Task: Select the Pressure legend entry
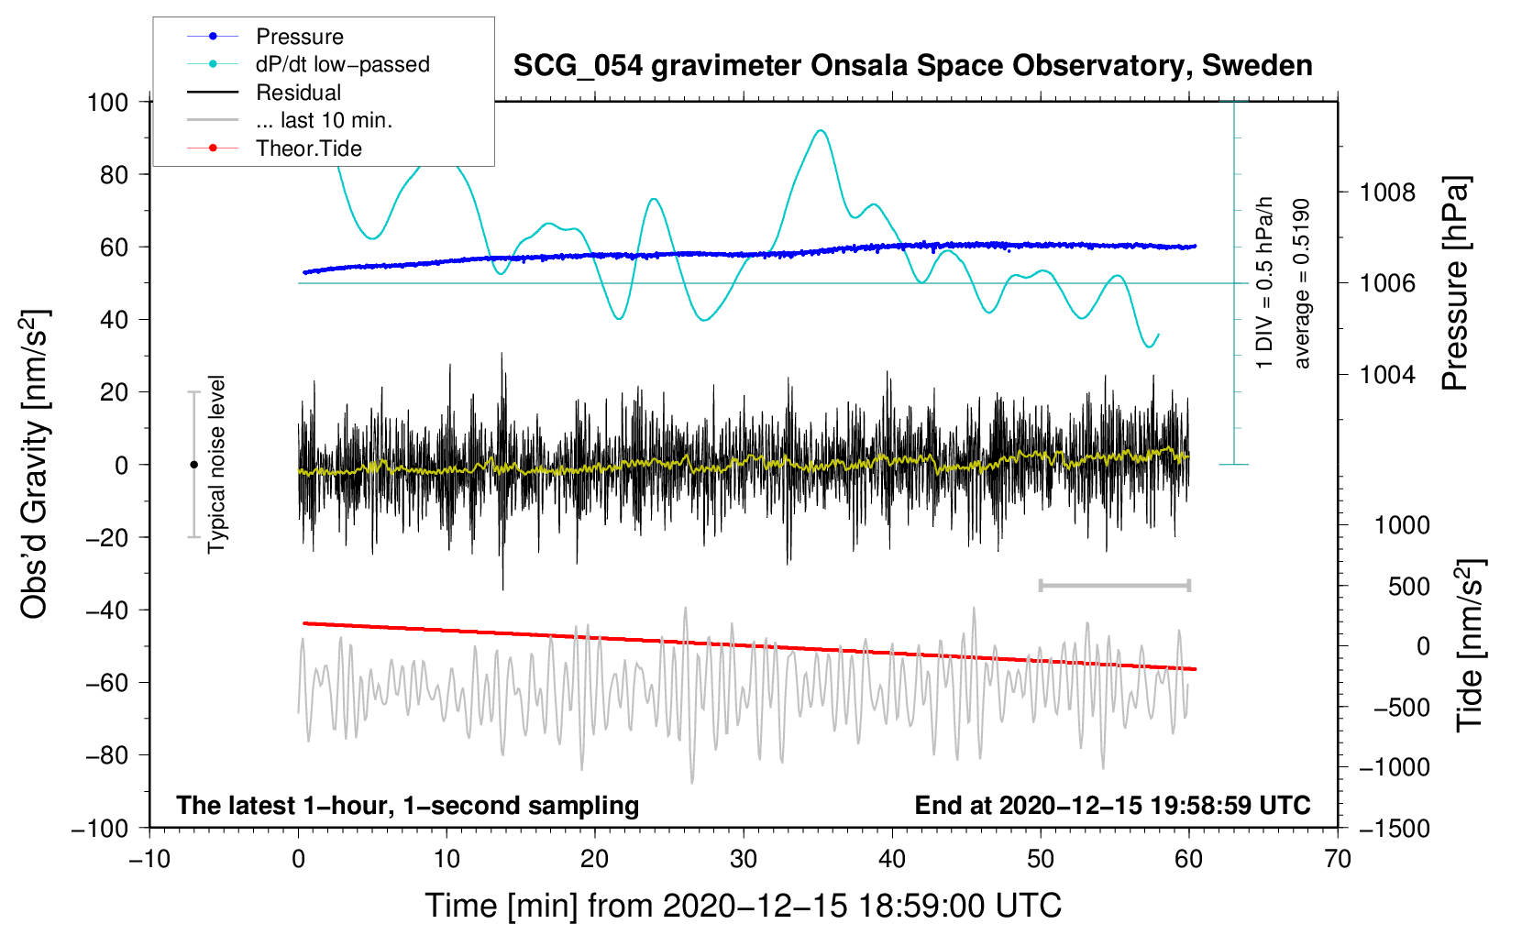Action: [x=266, y=36]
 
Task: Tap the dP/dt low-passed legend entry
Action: [x=308, y=64]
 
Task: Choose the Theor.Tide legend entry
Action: [x=274, y=148]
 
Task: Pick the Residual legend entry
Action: [x=264, y=93]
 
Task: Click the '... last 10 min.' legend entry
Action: [x=290, y=120]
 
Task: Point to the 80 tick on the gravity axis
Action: [x=114, y=175]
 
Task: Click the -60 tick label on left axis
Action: [x=106, y=683]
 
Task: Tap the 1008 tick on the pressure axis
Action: [x=1387, y=192]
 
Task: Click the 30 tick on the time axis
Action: [x=744, y=859]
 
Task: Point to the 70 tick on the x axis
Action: [x=1338, y=859]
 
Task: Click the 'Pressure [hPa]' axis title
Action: [x=1455, y=282]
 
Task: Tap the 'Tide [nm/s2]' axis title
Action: [x=1470, y=645]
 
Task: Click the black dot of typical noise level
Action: [x=193, y=465]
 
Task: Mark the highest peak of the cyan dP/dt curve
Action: [x=821, y=130]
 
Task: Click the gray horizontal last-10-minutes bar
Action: [x=1114, y=585]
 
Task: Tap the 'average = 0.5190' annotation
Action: [x=1301, y=283]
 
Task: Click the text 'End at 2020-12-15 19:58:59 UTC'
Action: [x=1112, y=805]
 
